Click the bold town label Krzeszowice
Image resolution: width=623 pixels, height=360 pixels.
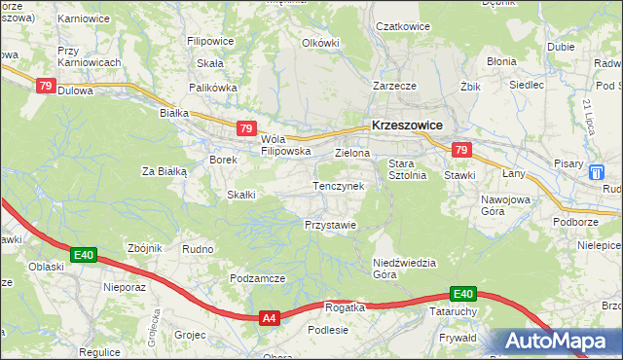(x=407, y=126)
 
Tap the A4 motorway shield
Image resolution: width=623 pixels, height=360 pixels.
(x=271, y=318)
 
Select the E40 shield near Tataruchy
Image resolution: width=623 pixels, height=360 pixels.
(x=462, y=294)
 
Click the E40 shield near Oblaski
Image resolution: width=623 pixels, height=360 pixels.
(x=84, y=256)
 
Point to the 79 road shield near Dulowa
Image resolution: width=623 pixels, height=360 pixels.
(x=45, y=86)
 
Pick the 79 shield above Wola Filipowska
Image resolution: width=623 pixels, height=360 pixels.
(x=246, y=128)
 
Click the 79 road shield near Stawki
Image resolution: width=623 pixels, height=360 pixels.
(x=461, y=150)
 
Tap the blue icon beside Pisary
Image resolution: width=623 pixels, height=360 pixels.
(x=597, y=171)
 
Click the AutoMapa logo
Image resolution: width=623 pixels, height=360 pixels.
(x=556, y=342)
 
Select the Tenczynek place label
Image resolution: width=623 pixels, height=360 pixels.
(x=338, y=185)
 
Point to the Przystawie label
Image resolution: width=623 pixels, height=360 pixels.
(x=330, y=224)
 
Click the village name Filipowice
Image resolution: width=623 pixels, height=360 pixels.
(x=210, y=43)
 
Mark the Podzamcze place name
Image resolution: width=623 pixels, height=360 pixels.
(x=257, y=278)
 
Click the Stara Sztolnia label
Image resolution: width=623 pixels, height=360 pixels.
(x=409, y=169)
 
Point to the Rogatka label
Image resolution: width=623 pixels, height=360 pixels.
(x=345, y=307)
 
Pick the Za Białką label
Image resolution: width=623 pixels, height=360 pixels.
(x=164, y=171)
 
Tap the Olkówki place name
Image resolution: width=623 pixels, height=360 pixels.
(x=320, y=43)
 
